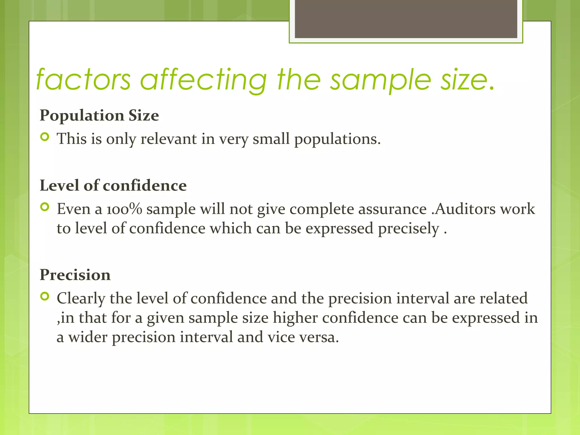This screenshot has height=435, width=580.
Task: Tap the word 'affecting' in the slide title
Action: click(x=203, y=80)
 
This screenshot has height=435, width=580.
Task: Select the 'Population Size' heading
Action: click(x=99, y=116)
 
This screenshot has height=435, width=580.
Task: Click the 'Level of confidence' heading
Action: click(x=113, y=185)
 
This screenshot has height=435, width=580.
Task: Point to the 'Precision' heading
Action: click(x=75, y=275)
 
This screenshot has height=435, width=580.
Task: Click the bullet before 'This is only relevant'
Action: click(x=45, y=137)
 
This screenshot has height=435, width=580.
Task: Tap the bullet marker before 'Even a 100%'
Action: click(x=45, y=207)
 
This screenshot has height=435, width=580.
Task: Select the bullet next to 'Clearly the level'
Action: click(x=45, y=297)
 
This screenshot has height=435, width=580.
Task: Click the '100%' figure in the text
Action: click(x=124, y=209)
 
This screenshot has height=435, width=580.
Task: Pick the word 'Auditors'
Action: click(x=465, y=209)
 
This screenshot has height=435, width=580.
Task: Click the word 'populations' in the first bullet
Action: click(x=337, y=139)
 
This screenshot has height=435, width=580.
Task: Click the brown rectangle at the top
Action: click(x=406, y=19)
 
